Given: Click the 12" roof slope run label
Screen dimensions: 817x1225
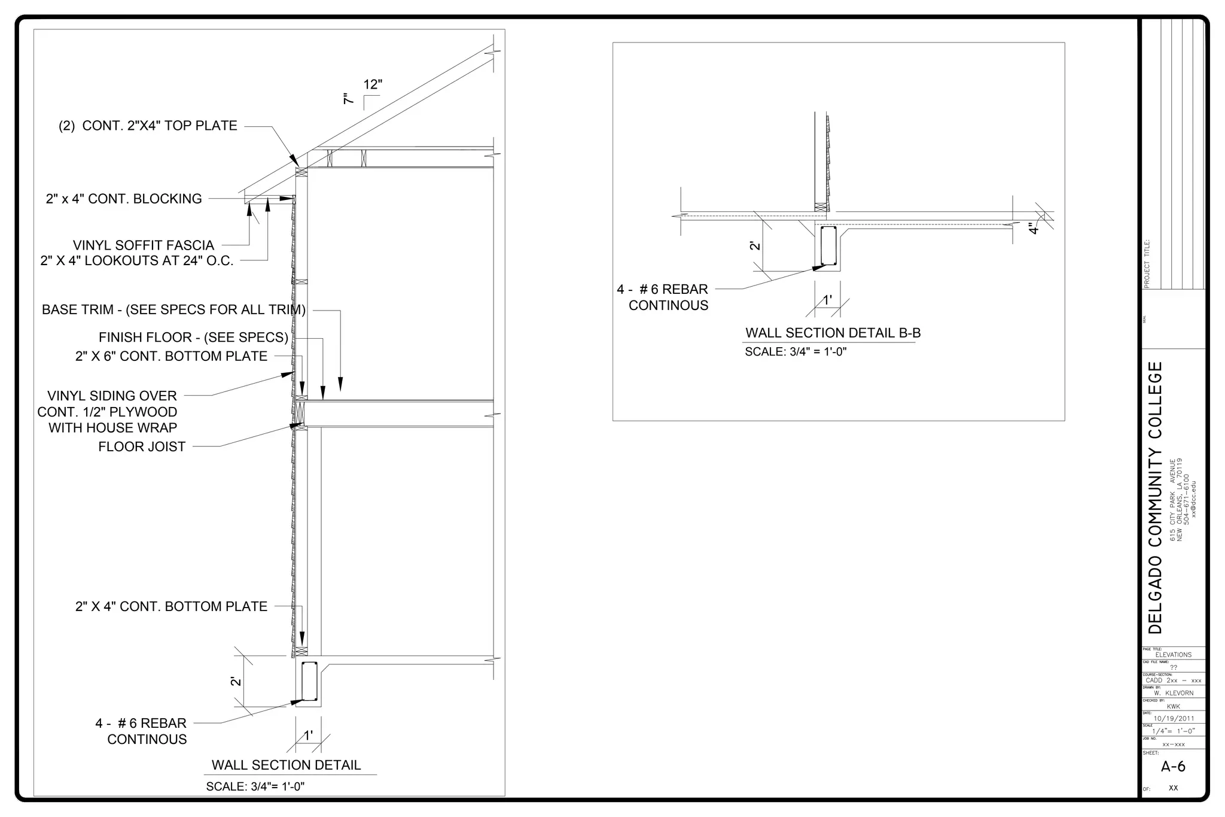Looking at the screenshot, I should coord(373,84).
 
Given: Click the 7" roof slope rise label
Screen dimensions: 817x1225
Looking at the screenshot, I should coord(349,99).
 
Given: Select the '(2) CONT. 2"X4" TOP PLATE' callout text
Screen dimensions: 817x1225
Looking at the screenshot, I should coord(148,126).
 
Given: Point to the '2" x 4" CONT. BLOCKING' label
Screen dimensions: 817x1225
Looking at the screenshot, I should coord(124,199).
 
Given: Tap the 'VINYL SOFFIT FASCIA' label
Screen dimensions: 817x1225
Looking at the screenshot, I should coord(144,245).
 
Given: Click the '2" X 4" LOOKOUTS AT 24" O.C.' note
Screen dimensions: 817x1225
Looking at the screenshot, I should coord(137,261).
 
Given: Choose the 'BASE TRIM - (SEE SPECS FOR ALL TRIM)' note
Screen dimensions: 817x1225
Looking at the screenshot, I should coord(173,310).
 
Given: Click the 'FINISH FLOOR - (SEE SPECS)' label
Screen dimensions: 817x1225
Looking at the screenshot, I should coord(193,338).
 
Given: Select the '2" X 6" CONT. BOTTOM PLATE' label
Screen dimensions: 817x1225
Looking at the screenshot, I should coord(171,356).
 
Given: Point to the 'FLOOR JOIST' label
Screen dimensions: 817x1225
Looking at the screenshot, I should coord(142,447).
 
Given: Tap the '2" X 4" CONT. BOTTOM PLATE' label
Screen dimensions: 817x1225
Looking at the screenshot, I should coord(171,606).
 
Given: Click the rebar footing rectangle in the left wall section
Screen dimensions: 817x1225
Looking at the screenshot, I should coord(309,681).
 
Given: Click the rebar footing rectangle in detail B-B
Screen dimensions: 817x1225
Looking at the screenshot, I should coord(828,245).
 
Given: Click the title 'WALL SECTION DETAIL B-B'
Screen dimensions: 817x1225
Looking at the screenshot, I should coord(833,333).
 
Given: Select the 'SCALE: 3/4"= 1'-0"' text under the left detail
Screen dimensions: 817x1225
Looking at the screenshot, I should coord(255,786).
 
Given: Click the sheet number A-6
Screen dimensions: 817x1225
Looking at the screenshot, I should coord(1173,767).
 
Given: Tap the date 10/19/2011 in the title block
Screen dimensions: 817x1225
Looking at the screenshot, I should coord(1174,718).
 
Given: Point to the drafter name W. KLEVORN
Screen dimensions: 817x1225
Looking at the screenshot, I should coord(1174,693).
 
